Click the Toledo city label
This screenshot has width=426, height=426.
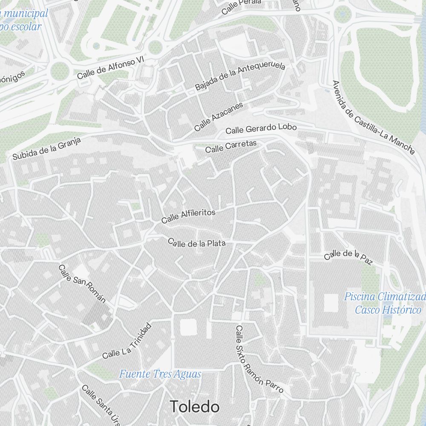(195, 407)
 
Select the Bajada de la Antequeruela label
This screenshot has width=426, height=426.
(240, 76)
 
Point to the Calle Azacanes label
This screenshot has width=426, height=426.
(219, 116)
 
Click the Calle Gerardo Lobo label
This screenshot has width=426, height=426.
(261, 128)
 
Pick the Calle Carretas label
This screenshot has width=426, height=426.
(231, 146)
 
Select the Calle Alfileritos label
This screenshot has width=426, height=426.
(188, 216)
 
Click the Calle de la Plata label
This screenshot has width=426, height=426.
(196, 243)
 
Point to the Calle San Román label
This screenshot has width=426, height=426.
(82, 284)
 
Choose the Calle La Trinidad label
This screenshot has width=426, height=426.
(127, 341)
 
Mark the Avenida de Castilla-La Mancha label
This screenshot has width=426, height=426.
(373, 117)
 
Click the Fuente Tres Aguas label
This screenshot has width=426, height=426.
(160, 374)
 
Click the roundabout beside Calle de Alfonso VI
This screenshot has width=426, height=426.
(59, 72)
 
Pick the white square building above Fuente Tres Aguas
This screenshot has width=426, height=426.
(188, 328)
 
